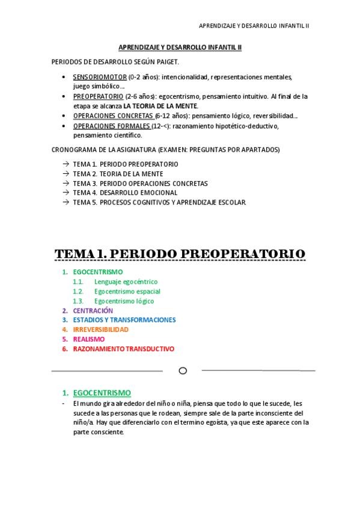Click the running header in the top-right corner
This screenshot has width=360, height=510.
(x=254, y=26)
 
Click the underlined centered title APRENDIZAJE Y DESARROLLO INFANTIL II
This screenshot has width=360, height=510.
(x=179, y=48)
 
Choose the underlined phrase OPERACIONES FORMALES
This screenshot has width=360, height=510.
(x=111, y=126)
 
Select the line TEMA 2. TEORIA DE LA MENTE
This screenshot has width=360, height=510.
(x=114, y=173)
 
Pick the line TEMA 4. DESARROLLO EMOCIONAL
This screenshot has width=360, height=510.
(x=125, y=192)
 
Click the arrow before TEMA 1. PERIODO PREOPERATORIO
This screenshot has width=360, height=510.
(x=65, y=164)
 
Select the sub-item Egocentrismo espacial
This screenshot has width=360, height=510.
(x=127, y=291)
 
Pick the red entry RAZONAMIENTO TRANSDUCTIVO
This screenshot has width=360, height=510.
(x=123, y=349)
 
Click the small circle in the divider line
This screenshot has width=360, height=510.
(x=183, y=370)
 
